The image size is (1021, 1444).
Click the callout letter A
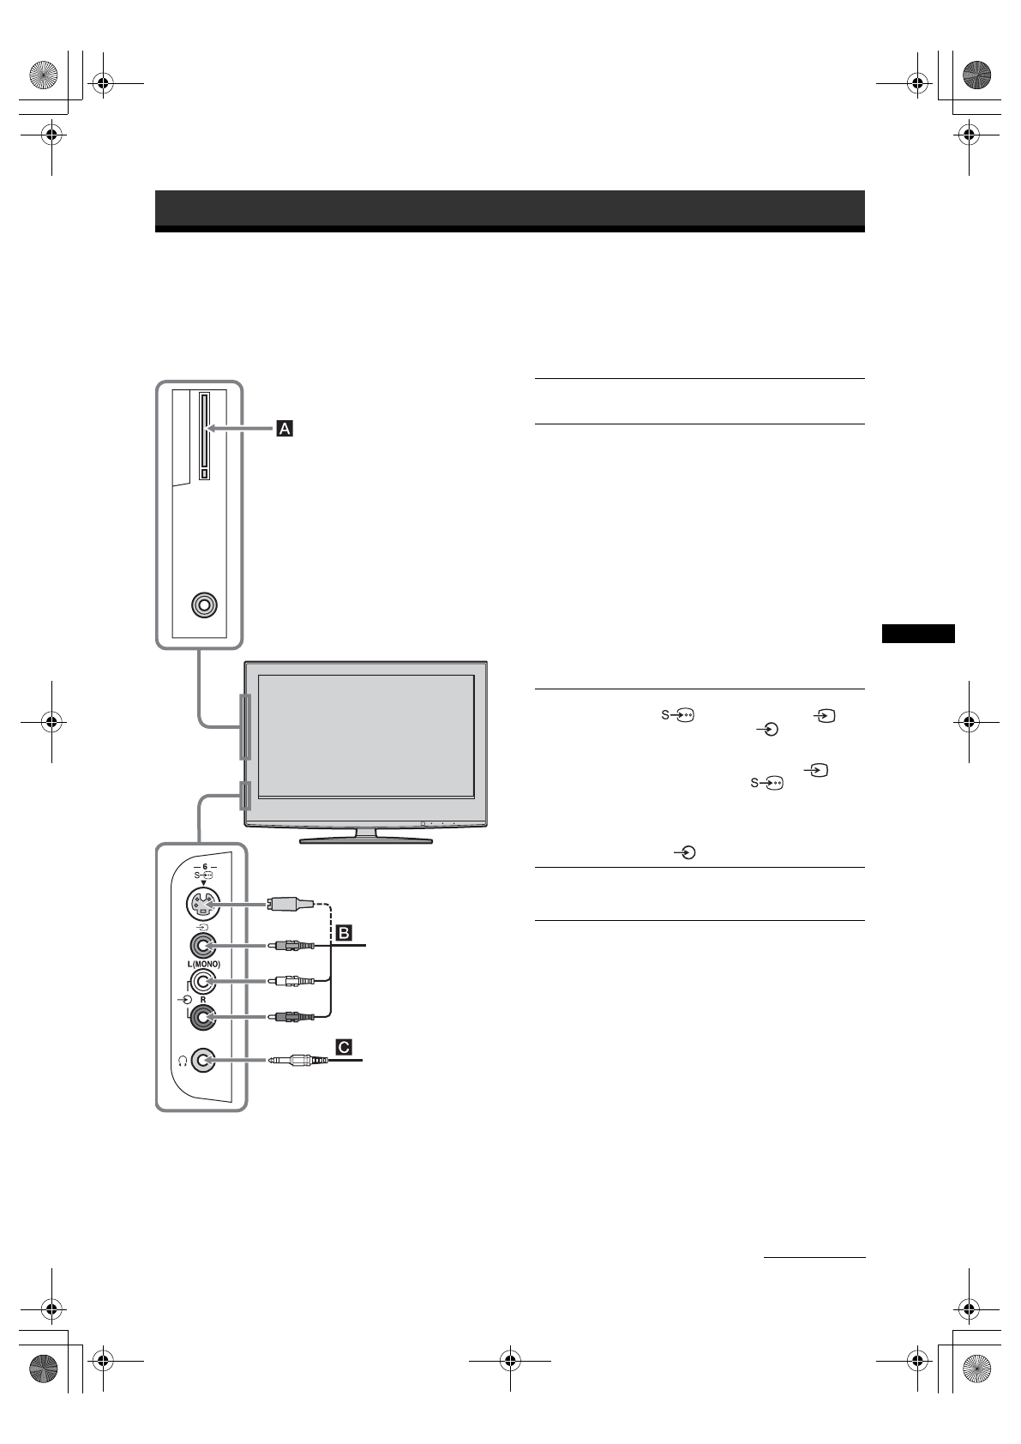[x=285, y=428]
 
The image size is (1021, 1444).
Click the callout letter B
[x=344, y=933]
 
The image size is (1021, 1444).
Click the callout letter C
[x=344, y=1048]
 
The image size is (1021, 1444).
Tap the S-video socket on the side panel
[x=202, y=905]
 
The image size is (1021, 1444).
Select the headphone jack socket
[x=203, y=1061]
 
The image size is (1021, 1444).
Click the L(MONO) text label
[x=204, y=965]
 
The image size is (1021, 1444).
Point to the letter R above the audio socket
[x=203, y=1000]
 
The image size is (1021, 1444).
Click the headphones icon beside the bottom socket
[x=183, y=1061]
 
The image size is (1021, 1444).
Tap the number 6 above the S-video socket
[x=205, y=867]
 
